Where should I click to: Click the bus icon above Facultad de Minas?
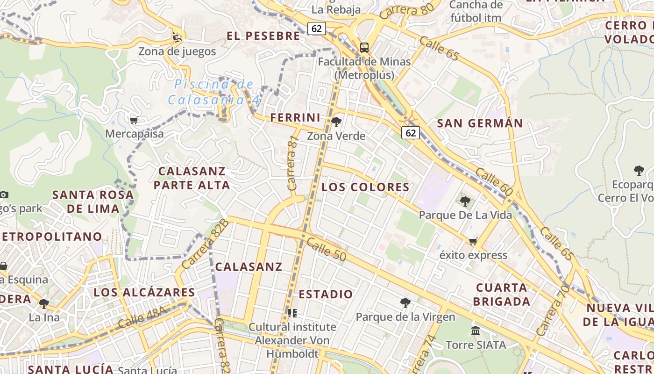point(364,47)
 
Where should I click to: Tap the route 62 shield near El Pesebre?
point(316,29)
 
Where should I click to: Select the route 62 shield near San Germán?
point(411,133)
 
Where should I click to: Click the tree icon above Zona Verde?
point(336,122)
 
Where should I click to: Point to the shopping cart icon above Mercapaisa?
point(134,121)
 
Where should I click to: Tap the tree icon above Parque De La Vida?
point(465,201)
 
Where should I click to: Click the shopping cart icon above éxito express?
point(473,242)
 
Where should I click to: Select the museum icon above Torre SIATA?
point(476,331)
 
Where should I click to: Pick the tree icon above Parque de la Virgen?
point(405,303)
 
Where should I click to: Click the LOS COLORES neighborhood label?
point(365,187)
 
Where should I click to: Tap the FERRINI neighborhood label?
point(295,118)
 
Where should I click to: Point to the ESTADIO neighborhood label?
point(326,295)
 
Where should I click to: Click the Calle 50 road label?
point(327,248)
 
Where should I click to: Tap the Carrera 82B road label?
point(206,244)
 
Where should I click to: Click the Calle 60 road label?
point(494,181)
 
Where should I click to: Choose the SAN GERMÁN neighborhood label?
point(480,123)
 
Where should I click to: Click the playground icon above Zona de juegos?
point(177,37)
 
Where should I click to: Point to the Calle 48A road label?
point(142,317)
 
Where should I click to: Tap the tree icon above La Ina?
point(44,304)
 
